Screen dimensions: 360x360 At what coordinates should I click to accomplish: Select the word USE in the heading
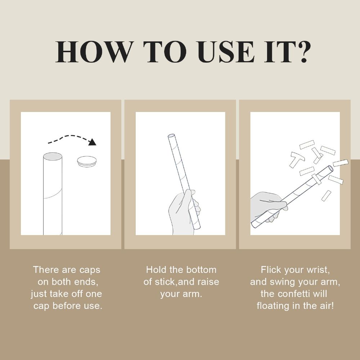pos(226,52)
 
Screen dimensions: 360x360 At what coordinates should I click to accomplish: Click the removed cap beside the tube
pos(87,161)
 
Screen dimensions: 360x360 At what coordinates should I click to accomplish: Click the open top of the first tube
pos(53,157)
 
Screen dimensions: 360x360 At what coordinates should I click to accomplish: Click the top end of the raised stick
pos(171,136)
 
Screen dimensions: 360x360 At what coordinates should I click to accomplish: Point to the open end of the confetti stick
pos(330,168)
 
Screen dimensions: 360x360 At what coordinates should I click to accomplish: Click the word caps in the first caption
pos(90,270)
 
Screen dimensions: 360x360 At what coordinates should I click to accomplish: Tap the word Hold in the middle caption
pos(156,270)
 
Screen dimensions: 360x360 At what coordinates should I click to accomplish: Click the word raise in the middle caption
pos(208,282)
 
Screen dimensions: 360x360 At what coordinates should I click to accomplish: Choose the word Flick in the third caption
pos(271,270)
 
